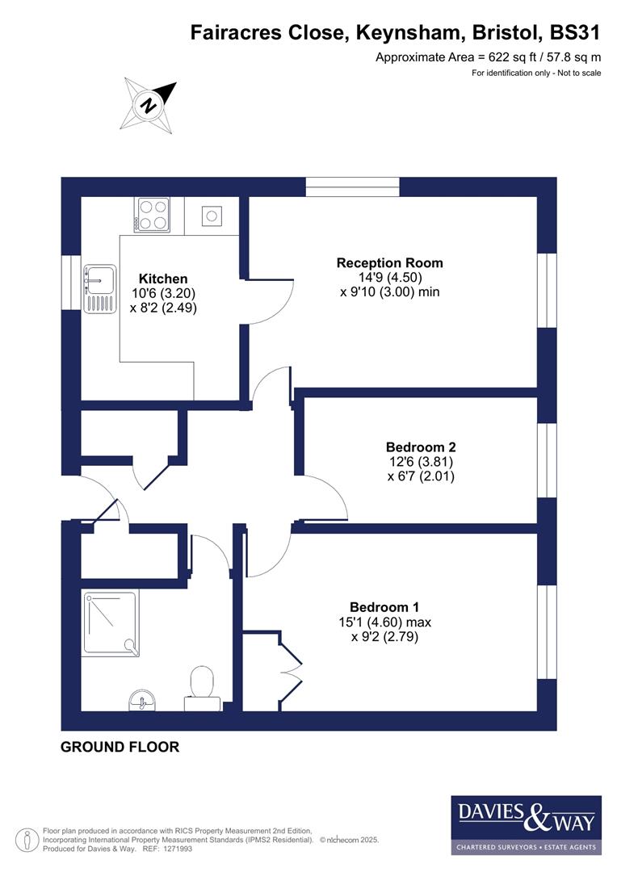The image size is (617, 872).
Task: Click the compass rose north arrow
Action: (x=149, y=103)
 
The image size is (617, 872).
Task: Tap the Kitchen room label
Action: (x=162, y=279)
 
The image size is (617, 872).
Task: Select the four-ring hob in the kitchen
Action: (x=153, y=215)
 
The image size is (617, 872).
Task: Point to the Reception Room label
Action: (x=389, y=263)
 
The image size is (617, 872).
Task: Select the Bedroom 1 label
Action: (x=384, y=607)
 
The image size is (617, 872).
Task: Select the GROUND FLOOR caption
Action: (x=120, y=748)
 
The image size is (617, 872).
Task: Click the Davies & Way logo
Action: (x=526, y=824)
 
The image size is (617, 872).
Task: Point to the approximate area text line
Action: (x=489, y=57)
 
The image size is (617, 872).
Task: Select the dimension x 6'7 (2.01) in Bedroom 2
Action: (x=421, y=476)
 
